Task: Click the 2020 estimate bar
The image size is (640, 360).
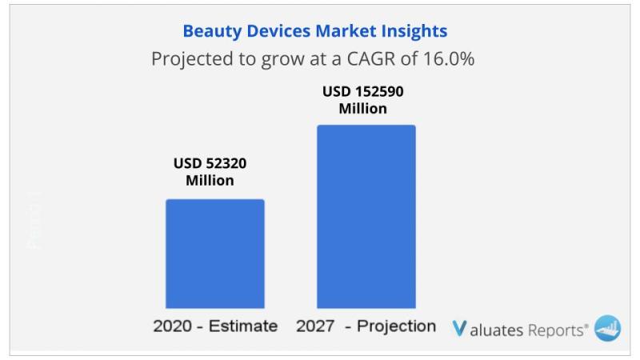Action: click(214, 254)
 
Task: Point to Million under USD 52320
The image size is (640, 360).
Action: click(210, 181)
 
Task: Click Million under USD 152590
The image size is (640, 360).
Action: click(362, 109)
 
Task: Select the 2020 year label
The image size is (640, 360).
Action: click(171, 326)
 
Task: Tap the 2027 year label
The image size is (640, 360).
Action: click(314, 326)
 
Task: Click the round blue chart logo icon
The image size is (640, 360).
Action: click(607, 328)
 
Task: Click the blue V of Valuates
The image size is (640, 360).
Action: click(459, 328)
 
